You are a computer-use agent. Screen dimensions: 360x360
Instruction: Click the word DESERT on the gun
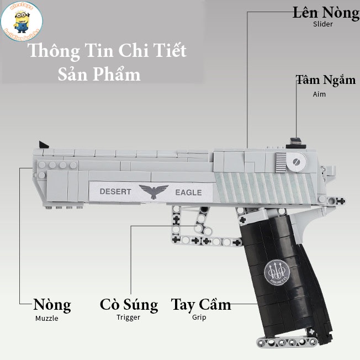(115, 192)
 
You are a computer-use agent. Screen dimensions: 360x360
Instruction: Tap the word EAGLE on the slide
(188, 193)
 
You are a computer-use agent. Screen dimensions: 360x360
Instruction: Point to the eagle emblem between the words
(153, 192)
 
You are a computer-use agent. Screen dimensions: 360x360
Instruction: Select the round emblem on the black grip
(275, 270)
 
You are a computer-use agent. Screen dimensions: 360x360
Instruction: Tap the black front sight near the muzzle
(43, 145)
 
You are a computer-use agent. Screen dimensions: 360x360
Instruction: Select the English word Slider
(323, 25)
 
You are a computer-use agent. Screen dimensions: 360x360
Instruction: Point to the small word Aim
(319, 94)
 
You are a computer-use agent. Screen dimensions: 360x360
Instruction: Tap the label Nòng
(52, 305)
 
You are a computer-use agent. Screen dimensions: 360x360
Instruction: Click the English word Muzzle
(46, 318)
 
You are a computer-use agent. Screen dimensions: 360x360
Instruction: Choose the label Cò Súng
(129, 305)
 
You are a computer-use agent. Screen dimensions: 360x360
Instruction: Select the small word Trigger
(128, 317)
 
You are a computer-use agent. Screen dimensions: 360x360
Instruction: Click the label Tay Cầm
(200, 305)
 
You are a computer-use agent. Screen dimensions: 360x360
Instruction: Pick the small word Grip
(199, 317)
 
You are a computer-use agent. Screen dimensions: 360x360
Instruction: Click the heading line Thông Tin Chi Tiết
(107, 51)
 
